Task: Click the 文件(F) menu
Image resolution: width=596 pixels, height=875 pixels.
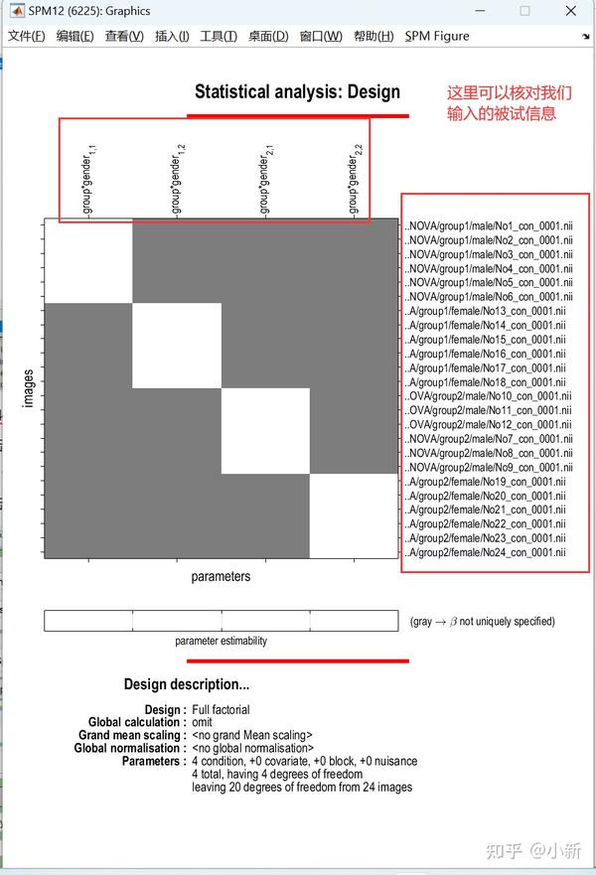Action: point(26,37)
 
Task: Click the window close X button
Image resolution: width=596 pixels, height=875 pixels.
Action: point(569,11)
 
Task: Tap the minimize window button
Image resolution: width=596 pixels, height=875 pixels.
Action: point(479,11)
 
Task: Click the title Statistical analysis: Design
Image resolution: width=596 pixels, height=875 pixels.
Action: point(297,92)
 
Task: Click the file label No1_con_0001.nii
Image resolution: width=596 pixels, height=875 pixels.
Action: point(490,226)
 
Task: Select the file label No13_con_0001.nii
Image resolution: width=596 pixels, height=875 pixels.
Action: point(487,311)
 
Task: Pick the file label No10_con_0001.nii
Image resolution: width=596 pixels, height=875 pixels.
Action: point(489,396)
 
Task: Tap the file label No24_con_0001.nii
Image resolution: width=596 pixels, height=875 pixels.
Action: point(487,552)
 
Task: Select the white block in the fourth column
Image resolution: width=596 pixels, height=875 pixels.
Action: point(354,516)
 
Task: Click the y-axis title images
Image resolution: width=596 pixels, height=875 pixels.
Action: point(29,388)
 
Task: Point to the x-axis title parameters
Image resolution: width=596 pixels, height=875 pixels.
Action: point(221,576)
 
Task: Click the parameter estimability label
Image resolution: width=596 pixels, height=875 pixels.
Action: point(221,642)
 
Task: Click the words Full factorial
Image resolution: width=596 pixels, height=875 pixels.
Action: point(221,710)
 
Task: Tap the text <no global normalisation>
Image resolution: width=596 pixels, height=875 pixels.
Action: point(252,748)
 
